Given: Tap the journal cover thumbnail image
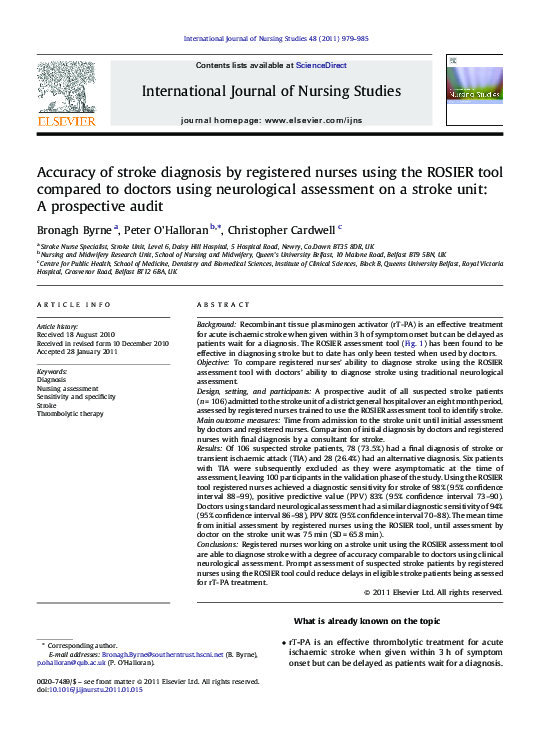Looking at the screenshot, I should tap(473, 89).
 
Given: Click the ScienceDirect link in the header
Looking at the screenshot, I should tap(323, 65).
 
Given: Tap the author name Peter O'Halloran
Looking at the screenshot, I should tap(172, 229).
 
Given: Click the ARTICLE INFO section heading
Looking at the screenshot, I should tap(73, 304).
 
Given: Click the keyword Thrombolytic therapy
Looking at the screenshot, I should tap(70, 413).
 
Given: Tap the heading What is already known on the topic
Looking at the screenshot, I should tap(367, 620).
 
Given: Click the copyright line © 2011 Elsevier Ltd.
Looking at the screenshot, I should tap(432, 592).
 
